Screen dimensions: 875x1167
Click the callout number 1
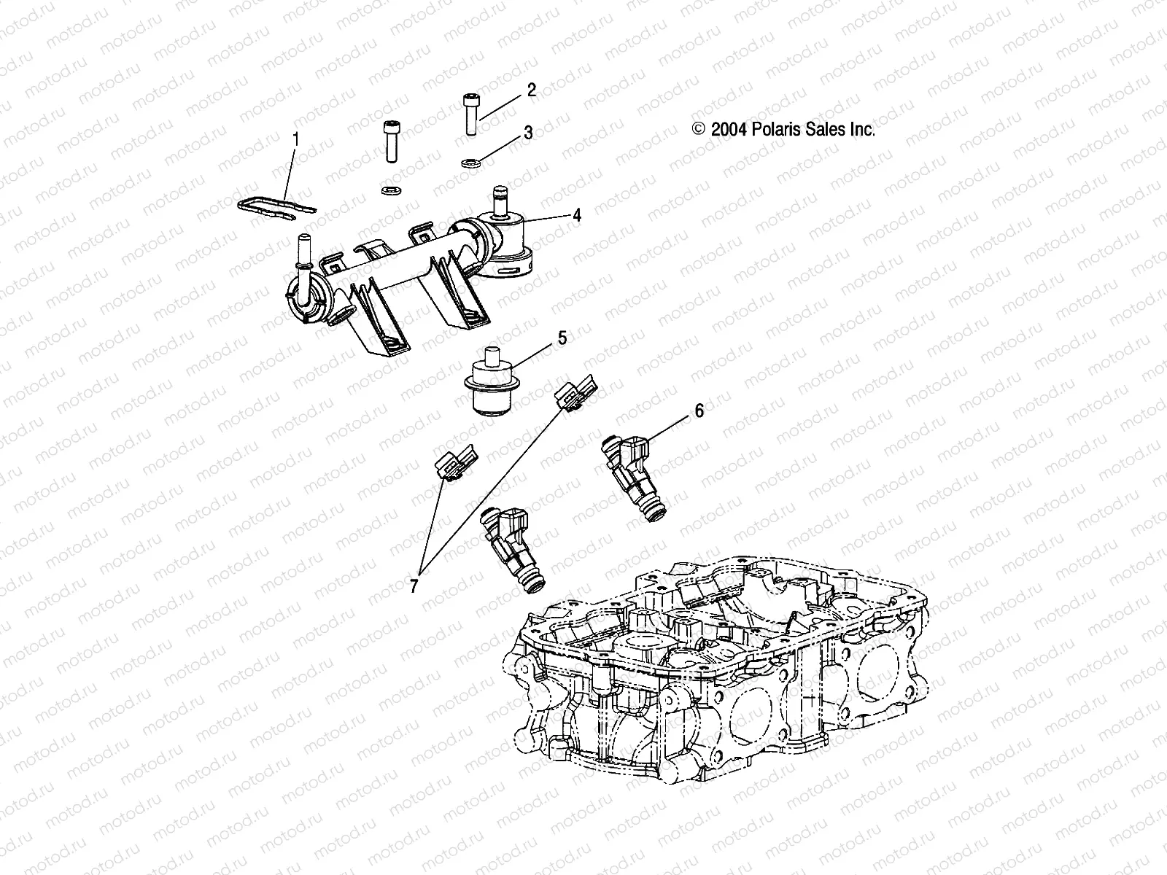coord(296,136)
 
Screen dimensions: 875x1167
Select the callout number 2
coord(531,90)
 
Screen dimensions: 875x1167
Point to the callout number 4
coord(576,215)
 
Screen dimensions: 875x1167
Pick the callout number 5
coord(562,338)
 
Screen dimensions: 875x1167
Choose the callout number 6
coord(699,411)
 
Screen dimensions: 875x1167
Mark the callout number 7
coord(414,586)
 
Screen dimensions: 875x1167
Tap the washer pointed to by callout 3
coord(470,161)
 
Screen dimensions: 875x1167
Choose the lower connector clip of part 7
coord(455,464)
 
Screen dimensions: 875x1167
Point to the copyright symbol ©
coord(718,130)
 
